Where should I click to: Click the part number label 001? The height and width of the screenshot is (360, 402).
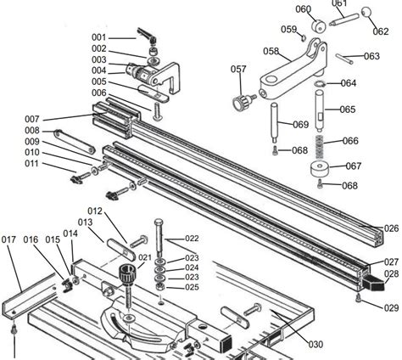99,37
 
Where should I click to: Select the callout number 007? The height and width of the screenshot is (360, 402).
32,119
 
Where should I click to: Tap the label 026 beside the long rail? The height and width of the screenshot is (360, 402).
391,228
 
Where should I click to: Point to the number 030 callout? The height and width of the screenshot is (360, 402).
315,344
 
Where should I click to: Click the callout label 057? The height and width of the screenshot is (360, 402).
238,69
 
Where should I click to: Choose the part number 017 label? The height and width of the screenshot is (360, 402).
9,240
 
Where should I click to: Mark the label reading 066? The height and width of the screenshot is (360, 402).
349,141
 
